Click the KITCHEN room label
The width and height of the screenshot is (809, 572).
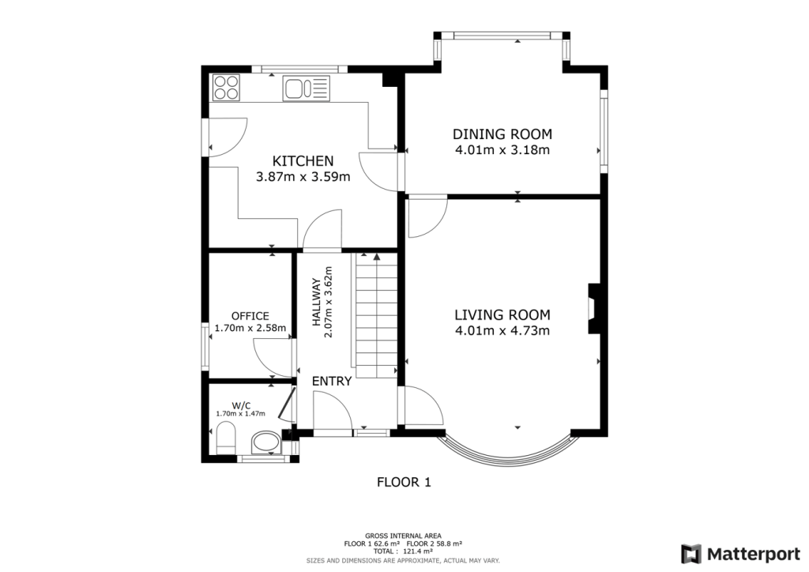coord(303,160)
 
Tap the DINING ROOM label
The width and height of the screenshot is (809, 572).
coord(502,134)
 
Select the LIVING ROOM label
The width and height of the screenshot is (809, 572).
coord(502,314)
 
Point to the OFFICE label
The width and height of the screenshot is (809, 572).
coord(250,316)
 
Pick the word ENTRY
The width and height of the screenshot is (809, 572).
coord(332,381)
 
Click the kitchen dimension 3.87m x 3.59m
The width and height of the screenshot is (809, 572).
coord(303,177)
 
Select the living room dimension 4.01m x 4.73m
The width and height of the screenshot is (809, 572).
coord(502,330)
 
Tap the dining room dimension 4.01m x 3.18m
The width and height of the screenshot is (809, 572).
coord(502,150)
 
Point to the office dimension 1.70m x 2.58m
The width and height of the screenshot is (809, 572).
coord(250,328)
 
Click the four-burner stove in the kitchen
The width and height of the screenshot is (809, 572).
coord(227,87)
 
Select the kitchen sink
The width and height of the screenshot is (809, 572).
coord(306,88)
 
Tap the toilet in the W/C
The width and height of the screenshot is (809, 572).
coord(226,438)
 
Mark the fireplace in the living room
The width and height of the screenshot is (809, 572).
coord(593,309)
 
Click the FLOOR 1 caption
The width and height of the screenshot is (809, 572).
coord(404,482)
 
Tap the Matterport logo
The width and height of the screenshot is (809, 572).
coord(740,554)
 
